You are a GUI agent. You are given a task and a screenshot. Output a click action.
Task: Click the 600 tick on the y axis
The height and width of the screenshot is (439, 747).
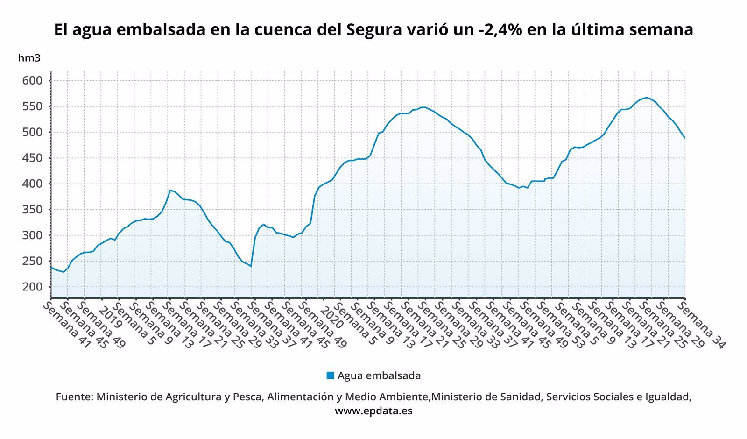click(32, 81)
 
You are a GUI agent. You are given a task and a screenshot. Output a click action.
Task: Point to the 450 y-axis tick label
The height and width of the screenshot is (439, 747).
click(32, 158)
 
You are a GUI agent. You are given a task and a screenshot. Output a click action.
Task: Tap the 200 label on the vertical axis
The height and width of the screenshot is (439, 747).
click(32, 287)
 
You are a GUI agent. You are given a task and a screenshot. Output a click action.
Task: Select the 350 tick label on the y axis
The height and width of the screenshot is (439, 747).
click(32, 210)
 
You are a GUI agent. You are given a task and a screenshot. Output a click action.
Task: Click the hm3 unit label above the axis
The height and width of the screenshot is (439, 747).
click(29, 58)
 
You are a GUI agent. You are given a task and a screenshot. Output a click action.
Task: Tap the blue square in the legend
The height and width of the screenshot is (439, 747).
click(330, 375)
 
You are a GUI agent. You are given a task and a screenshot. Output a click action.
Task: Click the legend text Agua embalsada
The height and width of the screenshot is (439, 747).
click(379, 375)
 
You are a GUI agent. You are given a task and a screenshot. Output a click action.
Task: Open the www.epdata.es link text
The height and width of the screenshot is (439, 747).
click(373, 411)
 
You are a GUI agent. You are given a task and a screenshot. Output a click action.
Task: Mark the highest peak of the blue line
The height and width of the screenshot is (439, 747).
click(647, 98)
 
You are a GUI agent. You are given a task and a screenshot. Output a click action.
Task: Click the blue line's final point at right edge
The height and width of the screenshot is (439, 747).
click(685, 138)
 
